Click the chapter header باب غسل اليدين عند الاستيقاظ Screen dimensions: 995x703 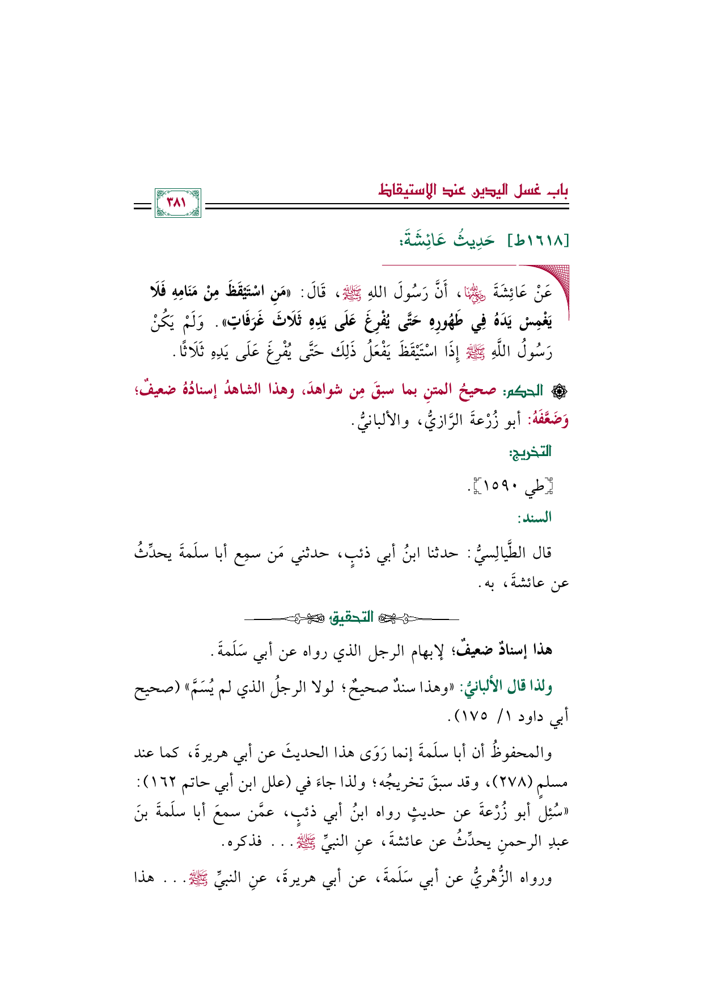point(473,191)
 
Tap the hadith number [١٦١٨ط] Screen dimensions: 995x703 point(538,241)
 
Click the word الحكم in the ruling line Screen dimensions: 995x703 point(518,391)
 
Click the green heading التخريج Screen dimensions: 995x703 point(531,452)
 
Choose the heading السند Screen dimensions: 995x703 point(534,517)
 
